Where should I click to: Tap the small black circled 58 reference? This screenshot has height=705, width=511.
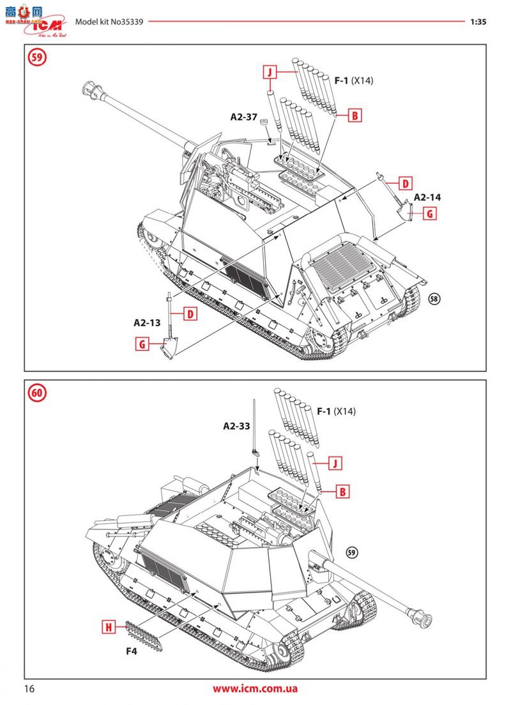point(435,299)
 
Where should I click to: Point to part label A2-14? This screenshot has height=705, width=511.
point(427,197)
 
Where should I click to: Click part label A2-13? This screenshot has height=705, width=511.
point(147,322)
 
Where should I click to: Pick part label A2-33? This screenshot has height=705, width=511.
point(236,425)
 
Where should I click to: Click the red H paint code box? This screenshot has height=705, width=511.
point(109,628)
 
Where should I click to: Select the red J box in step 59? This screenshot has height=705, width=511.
point(270,72)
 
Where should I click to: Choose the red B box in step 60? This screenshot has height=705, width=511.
point(343,492)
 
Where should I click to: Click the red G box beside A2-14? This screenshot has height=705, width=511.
point(430,214)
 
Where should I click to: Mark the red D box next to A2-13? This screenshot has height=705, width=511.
point(190,314)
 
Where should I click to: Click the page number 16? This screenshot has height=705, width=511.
point(30,688)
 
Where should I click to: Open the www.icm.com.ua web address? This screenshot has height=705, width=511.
point(255,688)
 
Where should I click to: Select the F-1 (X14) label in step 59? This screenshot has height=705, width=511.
point(353,80)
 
